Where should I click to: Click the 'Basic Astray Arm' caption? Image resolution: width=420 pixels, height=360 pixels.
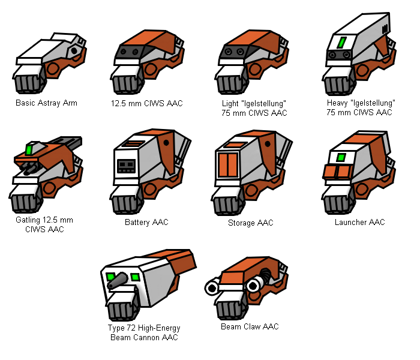click(x=46, y=103)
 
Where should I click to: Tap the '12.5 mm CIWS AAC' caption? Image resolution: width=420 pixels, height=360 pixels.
click(x=147, y=103)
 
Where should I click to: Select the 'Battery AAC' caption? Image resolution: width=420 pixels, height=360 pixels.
click(x=146, y=222)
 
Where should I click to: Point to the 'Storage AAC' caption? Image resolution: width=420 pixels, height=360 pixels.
click(x=251, y=223)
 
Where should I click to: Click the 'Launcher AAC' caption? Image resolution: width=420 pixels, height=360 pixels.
click(x=360, y=222)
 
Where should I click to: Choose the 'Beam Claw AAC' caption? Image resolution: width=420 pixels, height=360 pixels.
click(x=250, y=326)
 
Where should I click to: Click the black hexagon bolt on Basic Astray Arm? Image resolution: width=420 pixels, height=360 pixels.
click(x=74, y=50)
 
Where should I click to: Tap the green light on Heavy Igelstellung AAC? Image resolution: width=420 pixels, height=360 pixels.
click(x=341, y=43)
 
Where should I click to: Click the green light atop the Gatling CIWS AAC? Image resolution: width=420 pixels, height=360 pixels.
click(x=29, y=149)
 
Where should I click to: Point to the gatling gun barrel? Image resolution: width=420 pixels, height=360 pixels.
click(x=31, y=170)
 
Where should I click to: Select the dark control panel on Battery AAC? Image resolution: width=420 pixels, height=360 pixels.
click(x=126, y=166)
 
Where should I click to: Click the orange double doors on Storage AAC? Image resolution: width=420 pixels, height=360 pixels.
click(x=227, y=165)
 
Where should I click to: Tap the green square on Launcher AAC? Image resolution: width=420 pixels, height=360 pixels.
click(x=341, y=157)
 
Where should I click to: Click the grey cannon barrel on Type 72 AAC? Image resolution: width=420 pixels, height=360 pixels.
click(x=118, y=281)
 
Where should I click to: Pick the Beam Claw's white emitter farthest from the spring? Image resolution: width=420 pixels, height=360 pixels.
click(x=212, y=287)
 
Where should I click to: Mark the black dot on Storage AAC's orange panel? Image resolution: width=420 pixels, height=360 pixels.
click(x=268, y=144)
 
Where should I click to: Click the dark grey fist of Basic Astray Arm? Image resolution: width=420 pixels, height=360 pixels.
click(x=28, y=84)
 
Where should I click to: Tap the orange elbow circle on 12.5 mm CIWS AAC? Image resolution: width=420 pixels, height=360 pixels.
click(x=151, y=70)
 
